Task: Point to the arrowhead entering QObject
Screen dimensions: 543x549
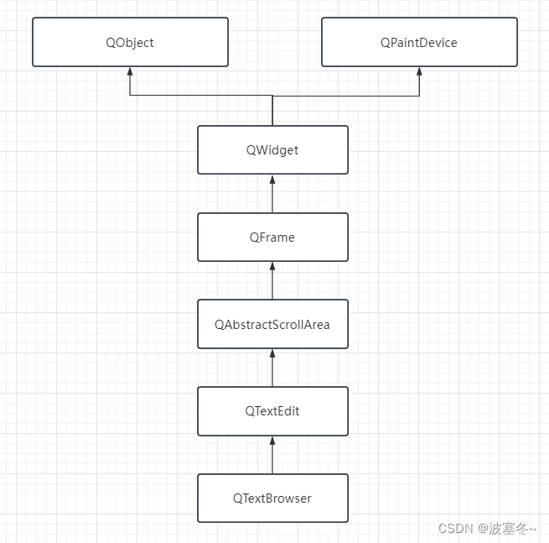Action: point(130,71)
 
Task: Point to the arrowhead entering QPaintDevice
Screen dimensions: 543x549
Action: point(419,71)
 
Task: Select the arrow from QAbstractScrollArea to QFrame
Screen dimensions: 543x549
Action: point(272,281)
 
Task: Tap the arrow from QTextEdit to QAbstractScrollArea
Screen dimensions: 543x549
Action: point(272,368)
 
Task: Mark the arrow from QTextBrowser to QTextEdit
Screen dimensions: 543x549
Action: point(272,456)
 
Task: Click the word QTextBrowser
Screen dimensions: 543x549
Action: point(272,499)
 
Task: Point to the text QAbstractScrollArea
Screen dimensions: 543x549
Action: point(272,324)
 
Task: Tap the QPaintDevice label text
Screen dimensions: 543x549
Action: point(419,42)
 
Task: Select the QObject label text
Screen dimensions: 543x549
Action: point(130,42)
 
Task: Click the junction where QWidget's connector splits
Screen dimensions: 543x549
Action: point(272,96)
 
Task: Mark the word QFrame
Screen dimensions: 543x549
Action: point(272,238)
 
